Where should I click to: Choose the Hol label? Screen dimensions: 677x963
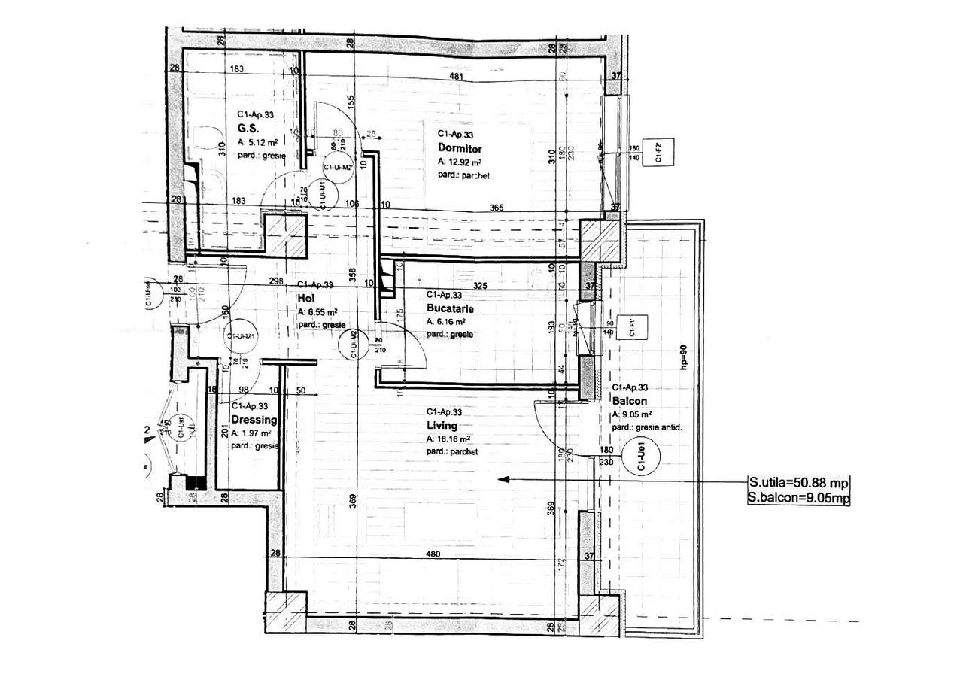point(305,298)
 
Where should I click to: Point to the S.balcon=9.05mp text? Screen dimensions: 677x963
point(798,497)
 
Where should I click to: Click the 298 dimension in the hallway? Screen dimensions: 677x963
point(275,281)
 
